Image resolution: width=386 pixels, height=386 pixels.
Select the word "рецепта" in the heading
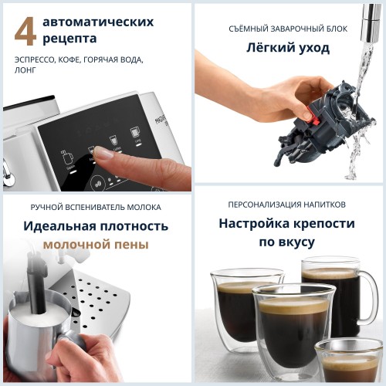(x=69, y=38)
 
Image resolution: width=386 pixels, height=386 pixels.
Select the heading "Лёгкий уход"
(x=289, y=48)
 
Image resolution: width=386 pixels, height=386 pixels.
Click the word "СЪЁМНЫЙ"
(x=252, y=29)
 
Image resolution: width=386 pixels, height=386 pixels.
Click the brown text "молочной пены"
(x=96, y=244)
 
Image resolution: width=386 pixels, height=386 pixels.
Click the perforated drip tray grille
(x=99, y=297)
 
